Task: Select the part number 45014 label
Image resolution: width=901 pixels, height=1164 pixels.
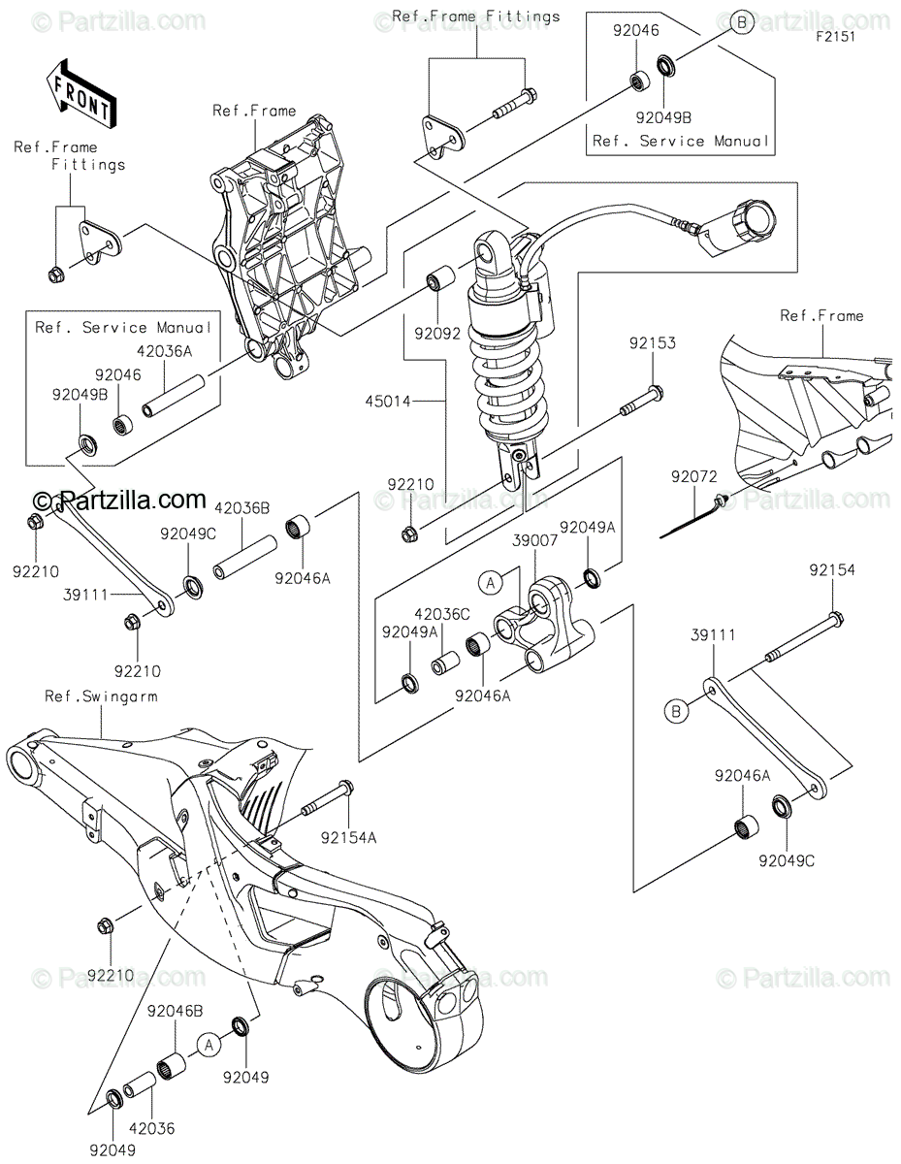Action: click(388, 401)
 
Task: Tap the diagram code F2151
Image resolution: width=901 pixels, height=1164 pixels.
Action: click(836, 37)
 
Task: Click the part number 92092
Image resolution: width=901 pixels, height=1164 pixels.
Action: click(437, 334)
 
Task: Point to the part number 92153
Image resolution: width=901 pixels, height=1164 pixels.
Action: click(652, 342)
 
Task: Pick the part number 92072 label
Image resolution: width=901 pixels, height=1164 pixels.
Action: click(694, 476)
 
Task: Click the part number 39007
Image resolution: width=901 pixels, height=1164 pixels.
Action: click(534, 540)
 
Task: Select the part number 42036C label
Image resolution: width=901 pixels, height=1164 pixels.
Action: click(441, 614)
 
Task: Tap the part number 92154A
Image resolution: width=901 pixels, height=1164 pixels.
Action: click(348, 838)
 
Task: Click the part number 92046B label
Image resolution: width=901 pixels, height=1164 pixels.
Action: click(176, 1012)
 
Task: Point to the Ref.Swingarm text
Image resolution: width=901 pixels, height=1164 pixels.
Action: click(101, 696)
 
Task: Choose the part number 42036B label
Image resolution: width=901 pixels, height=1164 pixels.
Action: click(241, 508)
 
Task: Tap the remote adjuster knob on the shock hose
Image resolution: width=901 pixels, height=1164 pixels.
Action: click(755, 218)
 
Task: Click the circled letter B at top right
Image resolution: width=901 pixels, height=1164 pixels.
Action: click(742, 22)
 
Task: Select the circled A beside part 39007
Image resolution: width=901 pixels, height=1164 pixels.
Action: click(491, 582)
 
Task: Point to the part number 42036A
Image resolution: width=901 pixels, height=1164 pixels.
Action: click(164, 351)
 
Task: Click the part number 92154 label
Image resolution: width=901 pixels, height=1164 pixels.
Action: click(832, 570)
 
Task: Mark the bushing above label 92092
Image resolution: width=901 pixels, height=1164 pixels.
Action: click(440, 275)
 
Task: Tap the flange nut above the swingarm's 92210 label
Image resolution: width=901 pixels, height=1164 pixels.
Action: click(106, 925)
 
